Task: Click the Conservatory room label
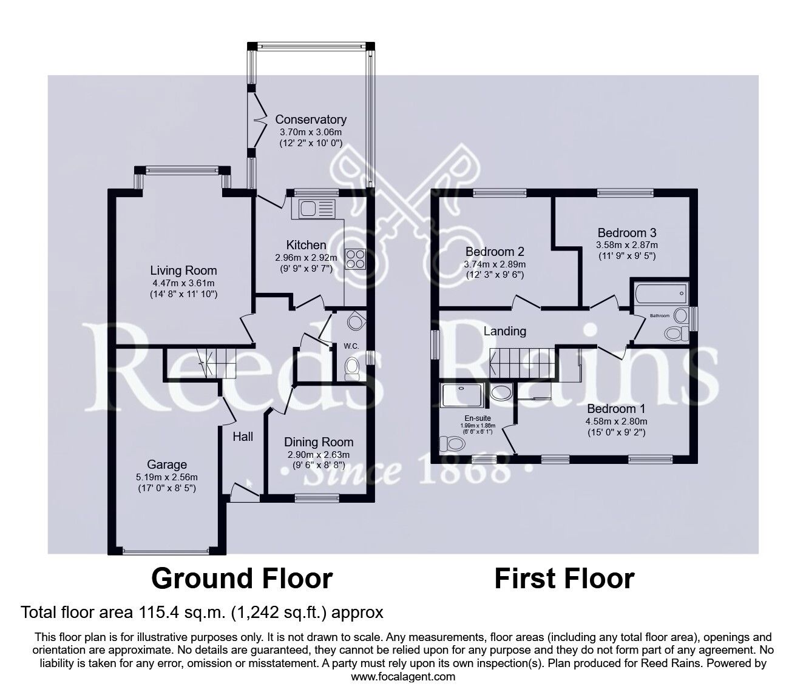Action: (x=310, y=119)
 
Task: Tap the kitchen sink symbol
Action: (x=313, y=209)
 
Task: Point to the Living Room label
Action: (x=183, y=270)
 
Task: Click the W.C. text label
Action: (x=351, y=346)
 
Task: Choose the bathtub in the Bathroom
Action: (x=660, y=294)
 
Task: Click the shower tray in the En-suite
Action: (x=464, y=395)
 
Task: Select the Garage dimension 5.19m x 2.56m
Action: (x=167, y=477)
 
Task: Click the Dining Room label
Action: (x=319, y=442)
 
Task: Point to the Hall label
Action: (x=243, y=436)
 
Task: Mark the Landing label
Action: (x=504, y=331)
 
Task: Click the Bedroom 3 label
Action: (x=627, y=232)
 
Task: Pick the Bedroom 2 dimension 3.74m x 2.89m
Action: (x=495, y=264)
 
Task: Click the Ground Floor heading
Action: (x=242, y=579)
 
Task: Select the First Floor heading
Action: (x=564, y=579)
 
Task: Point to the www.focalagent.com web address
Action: (x=403, y=676)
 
